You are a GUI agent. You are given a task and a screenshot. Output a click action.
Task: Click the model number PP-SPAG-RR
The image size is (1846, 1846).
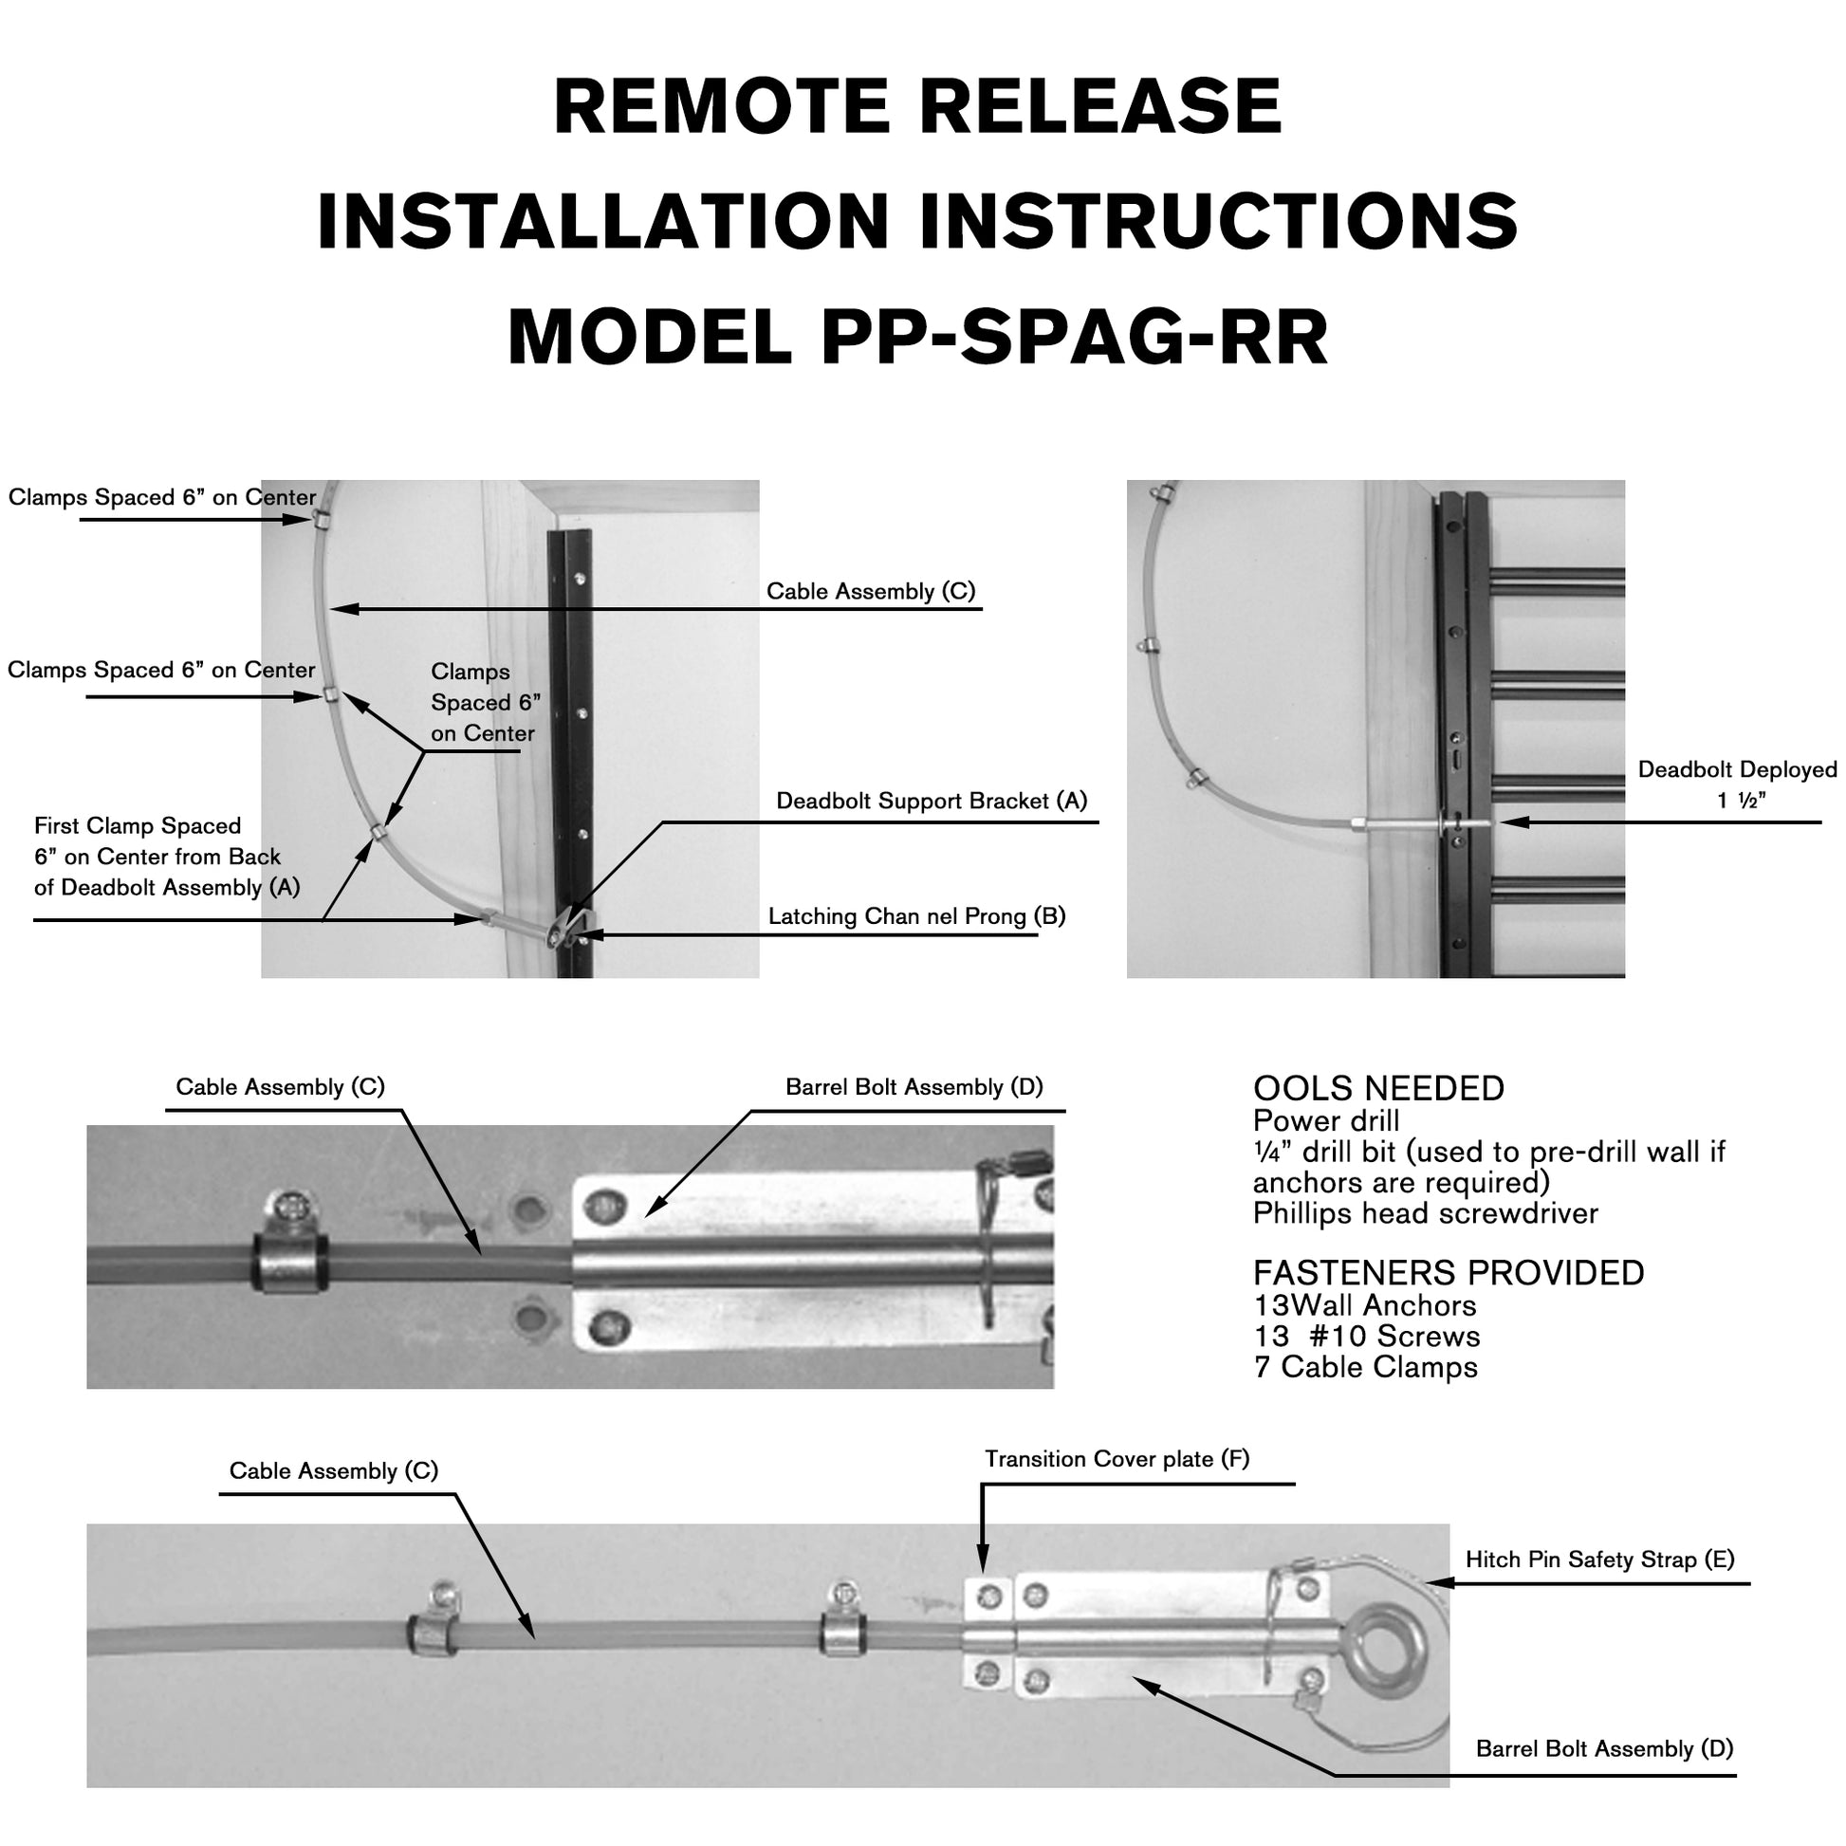[x=1073, y=338]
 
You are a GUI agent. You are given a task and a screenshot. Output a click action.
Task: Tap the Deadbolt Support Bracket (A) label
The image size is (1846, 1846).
[x=931, y=801]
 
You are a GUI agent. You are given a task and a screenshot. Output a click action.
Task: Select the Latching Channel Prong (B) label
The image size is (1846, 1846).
[x=916, y=916]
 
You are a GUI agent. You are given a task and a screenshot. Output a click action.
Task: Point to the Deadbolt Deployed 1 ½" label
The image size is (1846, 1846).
[x=1736, y=785]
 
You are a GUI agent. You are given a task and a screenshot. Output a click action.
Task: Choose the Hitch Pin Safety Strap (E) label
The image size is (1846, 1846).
[x=1599, y=1560]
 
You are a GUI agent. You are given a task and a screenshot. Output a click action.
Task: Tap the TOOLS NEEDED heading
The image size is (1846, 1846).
[x=1377, y=1088]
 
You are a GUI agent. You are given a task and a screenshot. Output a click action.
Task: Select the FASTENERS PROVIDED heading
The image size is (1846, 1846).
[x=1448, y=1273]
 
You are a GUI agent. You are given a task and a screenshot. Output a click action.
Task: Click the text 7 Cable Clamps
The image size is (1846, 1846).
[x=1364, y=1367]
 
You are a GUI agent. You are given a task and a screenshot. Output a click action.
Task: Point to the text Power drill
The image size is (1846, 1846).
[x=1325, y=1121]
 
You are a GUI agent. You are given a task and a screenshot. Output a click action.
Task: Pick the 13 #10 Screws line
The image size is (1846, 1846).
[x=1366, y=1336]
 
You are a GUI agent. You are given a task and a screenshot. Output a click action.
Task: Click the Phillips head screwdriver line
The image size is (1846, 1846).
[x=1425, y=1213]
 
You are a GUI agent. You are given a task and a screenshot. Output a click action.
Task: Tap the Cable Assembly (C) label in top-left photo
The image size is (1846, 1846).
[x=871, y=591]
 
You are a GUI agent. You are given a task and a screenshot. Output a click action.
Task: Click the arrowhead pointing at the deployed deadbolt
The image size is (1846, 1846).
[x=1512, y=821]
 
